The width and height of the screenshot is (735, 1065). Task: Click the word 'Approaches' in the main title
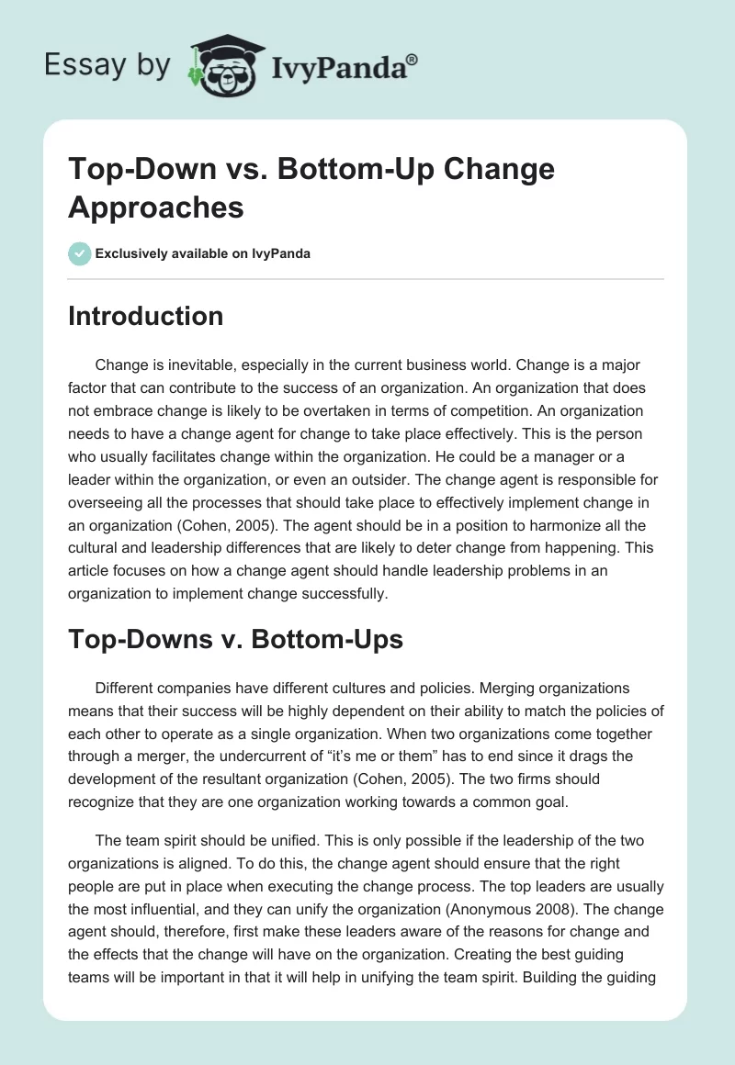tap(156, 207)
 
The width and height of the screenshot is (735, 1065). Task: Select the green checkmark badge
tap(79, 253)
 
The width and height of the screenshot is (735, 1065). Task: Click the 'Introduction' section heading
tap(146, 316)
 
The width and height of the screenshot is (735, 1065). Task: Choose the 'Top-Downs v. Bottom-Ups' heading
tap(235, 639)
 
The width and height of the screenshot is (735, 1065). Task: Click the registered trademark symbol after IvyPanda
tap(413, 60)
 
